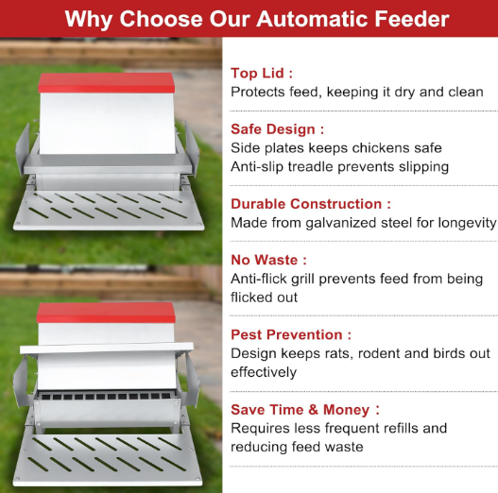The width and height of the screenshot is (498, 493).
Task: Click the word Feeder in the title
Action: click(x=412, y=19)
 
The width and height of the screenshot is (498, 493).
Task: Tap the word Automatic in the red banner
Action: click(x=313, y=19)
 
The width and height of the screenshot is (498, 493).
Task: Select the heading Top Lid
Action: click(x=262, y=74)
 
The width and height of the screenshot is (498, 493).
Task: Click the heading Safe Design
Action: click(x=277, y=129)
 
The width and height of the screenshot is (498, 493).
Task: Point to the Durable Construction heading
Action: click(x=311, y=204)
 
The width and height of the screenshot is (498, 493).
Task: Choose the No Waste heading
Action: click(x=268, y=260)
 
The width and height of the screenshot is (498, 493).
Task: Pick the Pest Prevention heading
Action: click(x=291, y=335)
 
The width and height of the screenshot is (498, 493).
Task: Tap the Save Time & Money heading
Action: click(x=305, y=410)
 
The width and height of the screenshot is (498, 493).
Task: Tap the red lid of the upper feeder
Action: click(x=107, y=83)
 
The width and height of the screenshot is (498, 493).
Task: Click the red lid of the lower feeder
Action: click(x=106, y=313)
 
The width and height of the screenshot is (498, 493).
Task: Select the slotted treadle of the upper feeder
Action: click(x=108, y=211)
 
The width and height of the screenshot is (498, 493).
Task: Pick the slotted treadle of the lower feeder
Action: click(x=108, y=459)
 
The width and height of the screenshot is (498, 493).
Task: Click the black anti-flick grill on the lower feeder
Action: click(x=106, y=397)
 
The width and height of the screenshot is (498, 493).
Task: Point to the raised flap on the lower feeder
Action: click(x=107, y=348)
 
